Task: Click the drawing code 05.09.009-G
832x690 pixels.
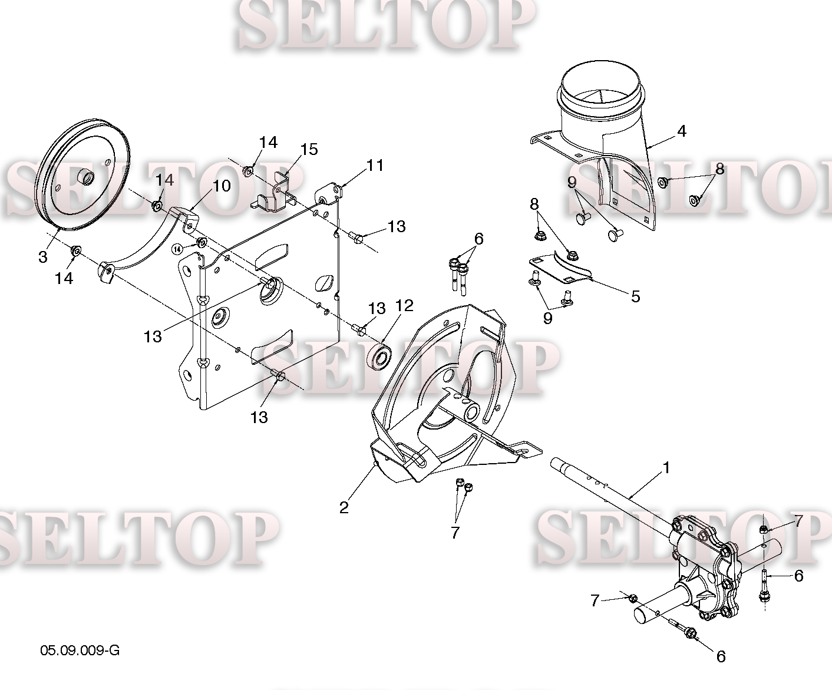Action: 80,651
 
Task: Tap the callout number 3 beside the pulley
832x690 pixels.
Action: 43,257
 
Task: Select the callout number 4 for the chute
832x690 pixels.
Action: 682,131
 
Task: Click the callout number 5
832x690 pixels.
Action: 636,296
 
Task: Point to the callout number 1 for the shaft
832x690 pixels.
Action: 666,468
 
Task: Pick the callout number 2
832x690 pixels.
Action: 344,507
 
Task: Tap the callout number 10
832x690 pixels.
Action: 222,186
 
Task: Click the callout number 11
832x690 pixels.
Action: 375,165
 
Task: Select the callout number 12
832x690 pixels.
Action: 404,306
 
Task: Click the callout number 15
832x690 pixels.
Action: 309,150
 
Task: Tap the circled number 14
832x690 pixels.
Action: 177,249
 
